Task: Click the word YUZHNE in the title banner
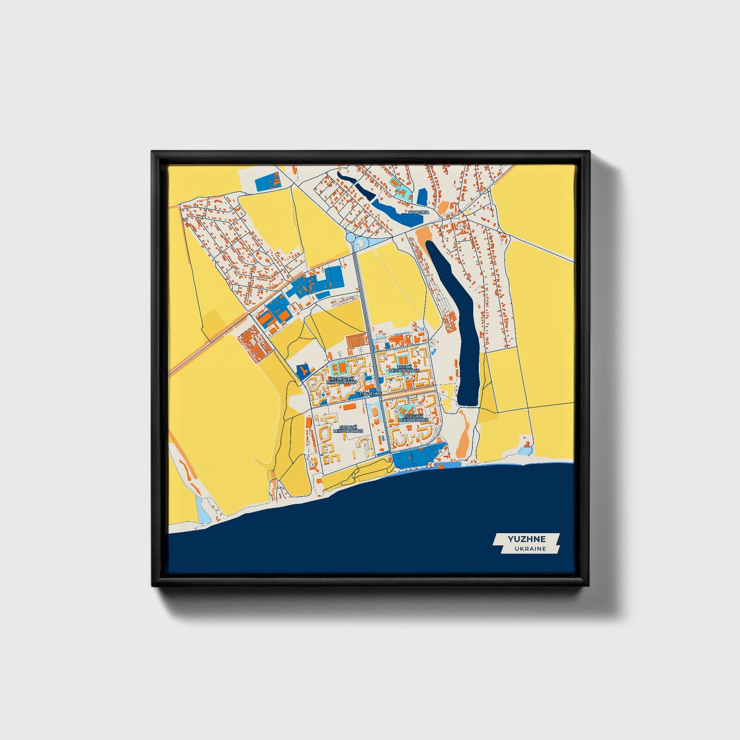(526, 539)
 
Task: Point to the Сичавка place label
(419, 211)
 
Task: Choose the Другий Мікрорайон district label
(348, 429)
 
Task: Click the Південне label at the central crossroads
(369, 393)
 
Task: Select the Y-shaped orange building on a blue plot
(304, 370)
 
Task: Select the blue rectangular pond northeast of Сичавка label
(422, 197)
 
